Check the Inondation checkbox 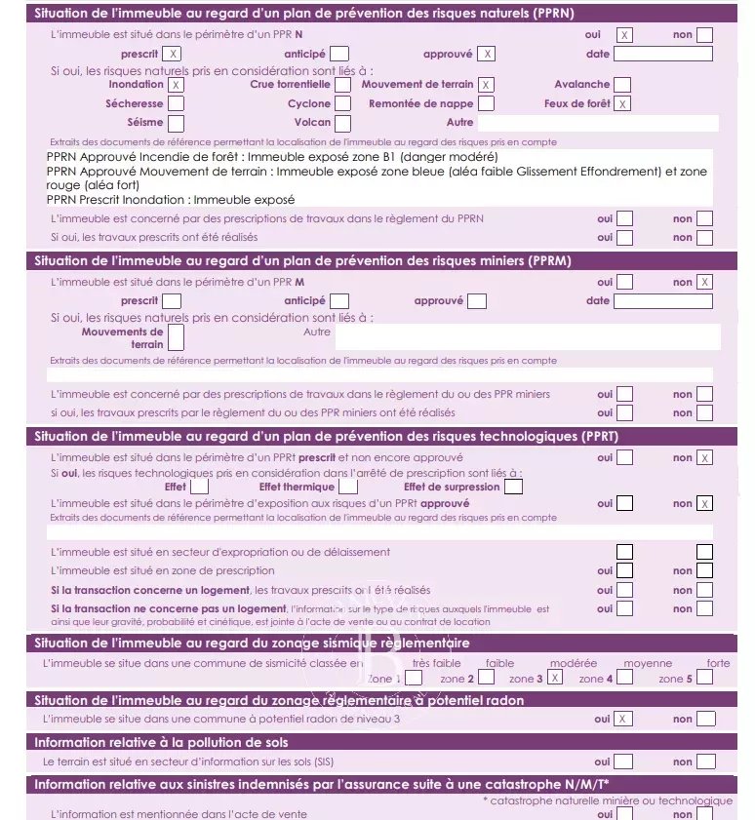click(x=177, y=85)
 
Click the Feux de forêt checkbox click(x=622, y=103)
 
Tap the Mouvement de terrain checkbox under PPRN click(x=486, y=85)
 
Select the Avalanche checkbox click(x=622, y=85)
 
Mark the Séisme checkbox click(x=177, y=123)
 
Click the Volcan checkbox click(x=342, y=123)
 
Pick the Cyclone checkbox click(x=342, y=103)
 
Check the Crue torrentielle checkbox click(x=342, y=85)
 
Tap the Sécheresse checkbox click(x=177, y=103)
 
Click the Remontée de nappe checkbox click(x=486, y=103)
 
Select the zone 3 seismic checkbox click(x=556, y=678)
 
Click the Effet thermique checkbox click(x=348, y=487)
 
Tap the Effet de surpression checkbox click(x=514, y=487)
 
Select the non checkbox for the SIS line click(x=705, y=761)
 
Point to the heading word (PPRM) click(x=550, y=261)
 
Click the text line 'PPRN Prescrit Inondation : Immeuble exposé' click(x=171, y=199)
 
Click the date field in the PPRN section click(x=663, y=54)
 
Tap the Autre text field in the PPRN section click(x=597, y=123)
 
